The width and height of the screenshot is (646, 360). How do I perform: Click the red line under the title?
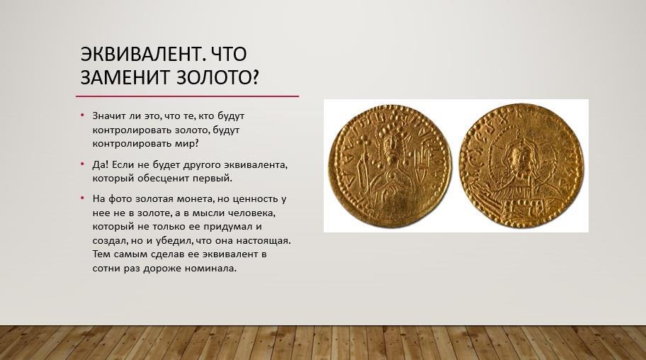click(x=187, y=96)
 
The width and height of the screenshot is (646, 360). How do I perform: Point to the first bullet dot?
click(x=82, y=116)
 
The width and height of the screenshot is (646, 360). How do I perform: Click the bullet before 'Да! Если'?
click(x=82, y=164)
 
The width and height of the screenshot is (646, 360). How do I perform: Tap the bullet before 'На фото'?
click(x=82, y=198)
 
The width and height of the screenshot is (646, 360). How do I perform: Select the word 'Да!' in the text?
click(x=101, y=164)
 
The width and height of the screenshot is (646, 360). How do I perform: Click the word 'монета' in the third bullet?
click(x=195, y=199)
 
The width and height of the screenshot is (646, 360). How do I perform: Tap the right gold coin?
click(x=522, y=166)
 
